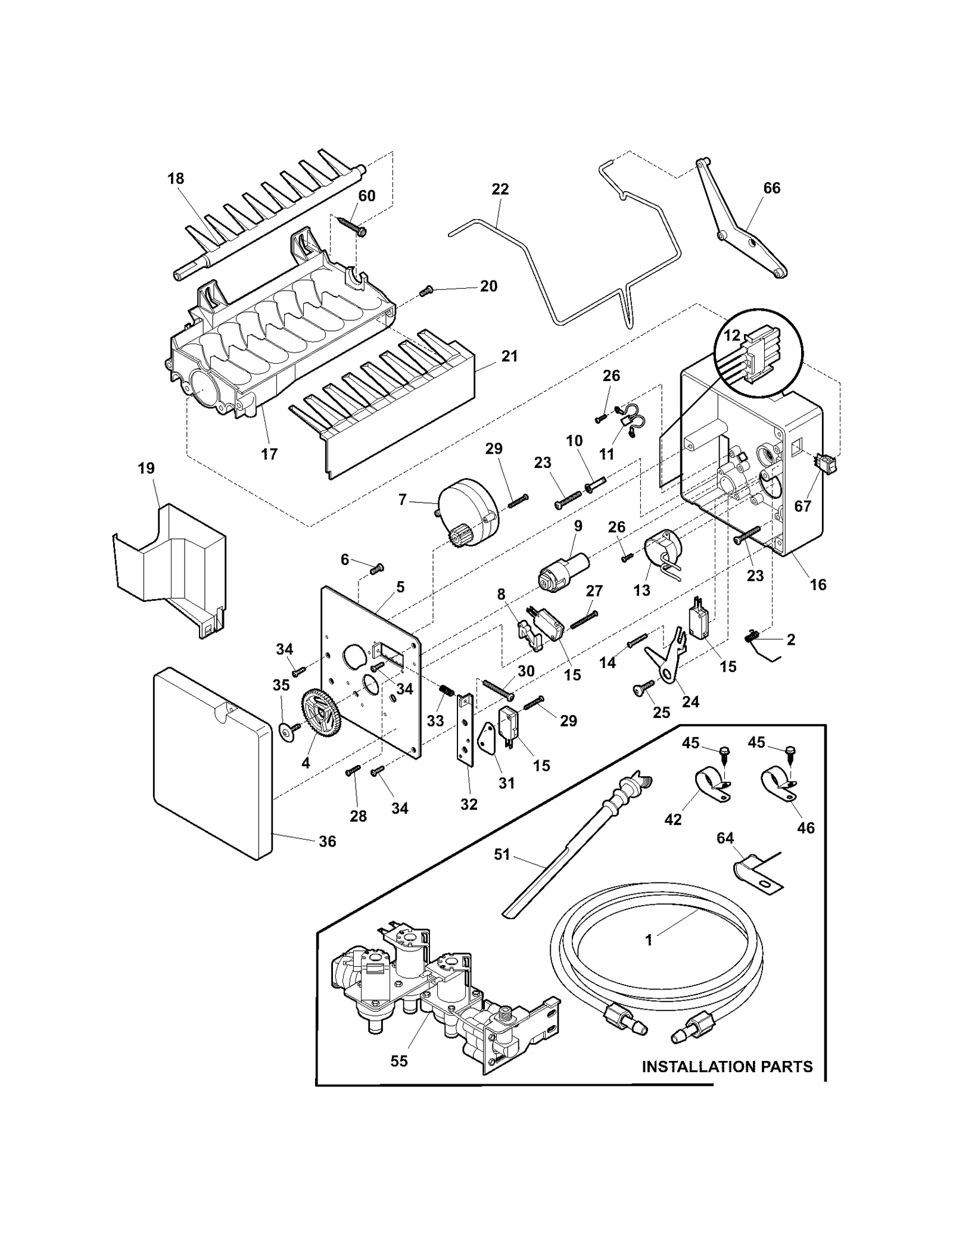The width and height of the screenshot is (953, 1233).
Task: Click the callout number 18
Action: [176, 179]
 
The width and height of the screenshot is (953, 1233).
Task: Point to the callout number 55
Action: [399, 1061]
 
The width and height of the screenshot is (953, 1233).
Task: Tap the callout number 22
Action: [500, 189]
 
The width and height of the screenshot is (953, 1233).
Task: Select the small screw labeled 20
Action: [426, 291]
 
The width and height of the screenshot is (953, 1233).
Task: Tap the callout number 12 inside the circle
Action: [731, 336]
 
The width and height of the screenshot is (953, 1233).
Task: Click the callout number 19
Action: [146, 469]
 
